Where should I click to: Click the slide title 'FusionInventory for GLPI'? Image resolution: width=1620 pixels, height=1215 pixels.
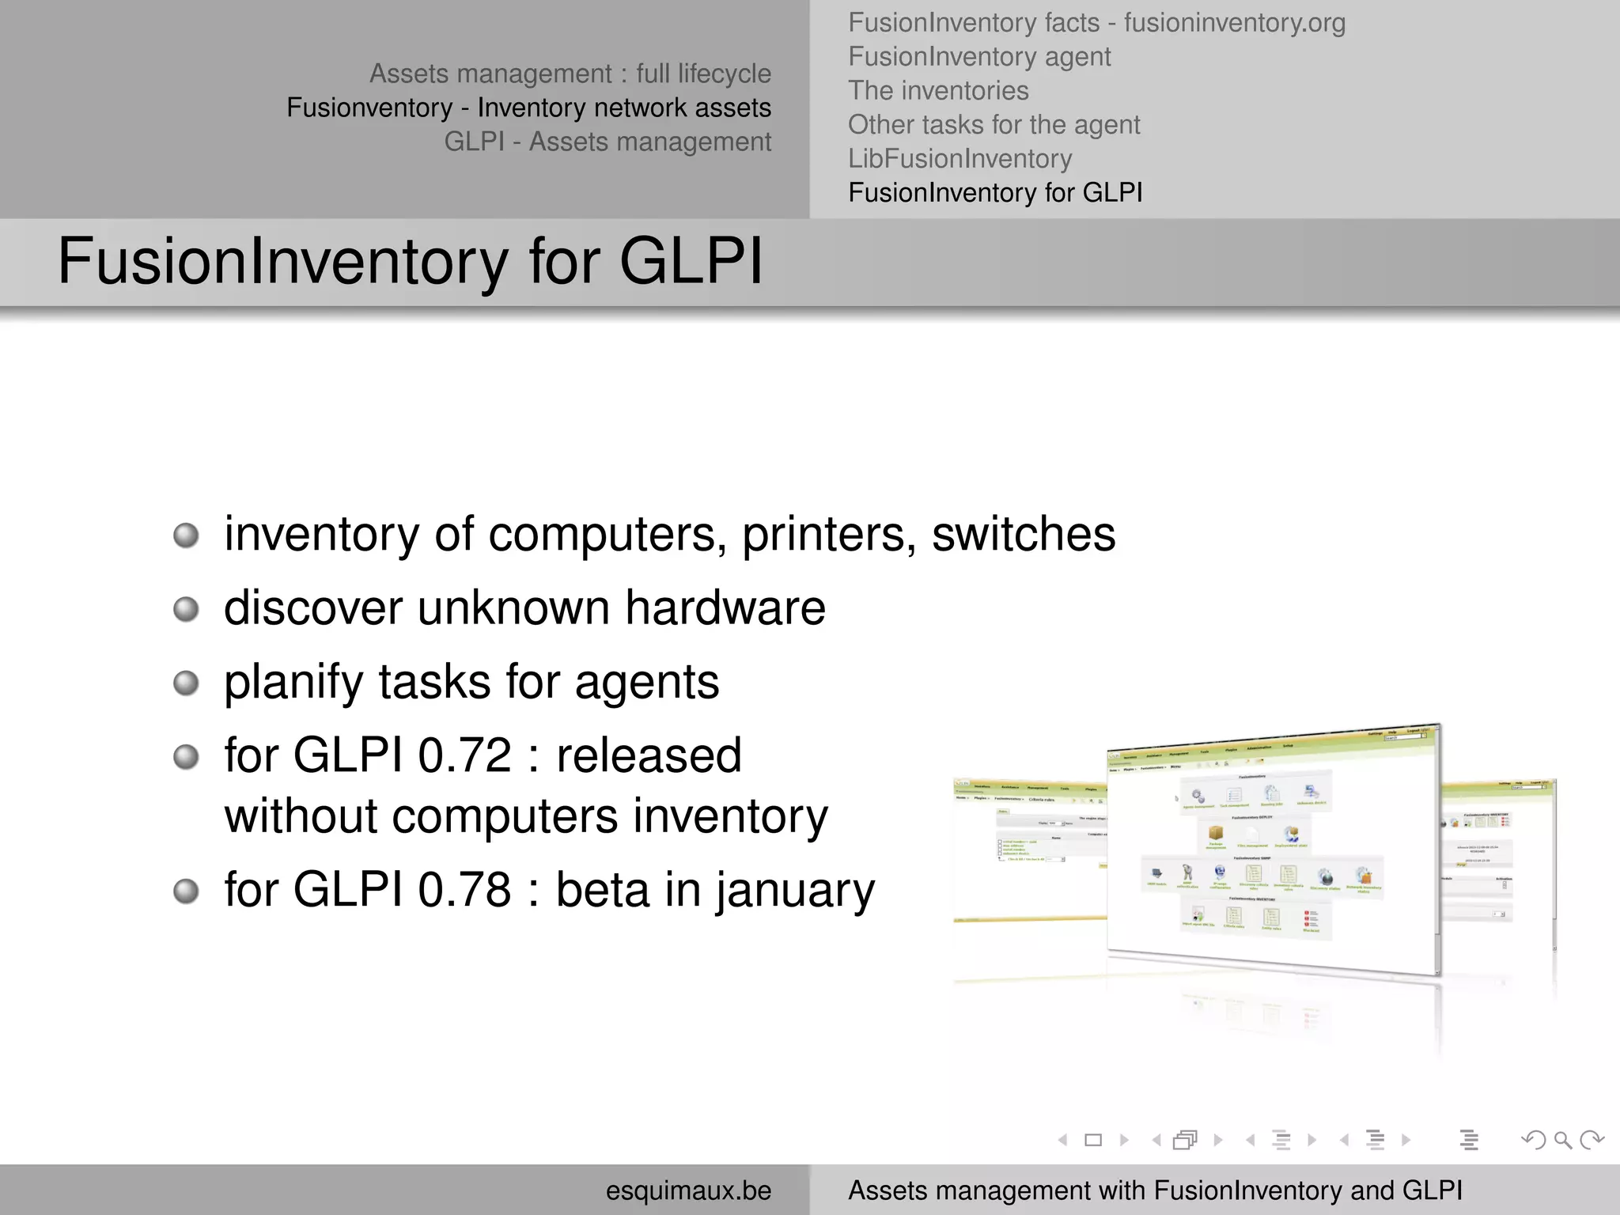[x=410, y=261]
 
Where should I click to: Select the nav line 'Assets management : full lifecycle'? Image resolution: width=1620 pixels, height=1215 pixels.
[x=570, y=74]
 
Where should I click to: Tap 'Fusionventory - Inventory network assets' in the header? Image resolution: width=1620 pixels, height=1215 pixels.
[x=528, y=108]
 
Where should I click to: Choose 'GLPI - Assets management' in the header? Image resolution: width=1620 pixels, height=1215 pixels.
[x=607, y=142]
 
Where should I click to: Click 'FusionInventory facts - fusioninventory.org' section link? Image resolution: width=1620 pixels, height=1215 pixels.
[x=1096, y=23]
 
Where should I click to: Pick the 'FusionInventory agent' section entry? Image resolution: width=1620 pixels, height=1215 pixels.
[x=979, y=57]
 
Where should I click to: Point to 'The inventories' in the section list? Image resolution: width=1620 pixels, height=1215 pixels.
[x=938, y=91]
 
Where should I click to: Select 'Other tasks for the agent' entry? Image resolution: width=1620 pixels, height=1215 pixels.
[x=994, y=125]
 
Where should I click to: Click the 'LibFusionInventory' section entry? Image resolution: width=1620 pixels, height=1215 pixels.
[x=960, y=159]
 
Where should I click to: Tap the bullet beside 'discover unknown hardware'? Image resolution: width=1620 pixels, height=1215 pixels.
[x=186, y=609]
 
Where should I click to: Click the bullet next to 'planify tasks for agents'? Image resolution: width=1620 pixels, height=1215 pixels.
[x=186, y=683]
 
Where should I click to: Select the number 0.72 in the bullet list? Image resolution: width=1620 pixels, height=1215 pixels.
[x=464, y=755]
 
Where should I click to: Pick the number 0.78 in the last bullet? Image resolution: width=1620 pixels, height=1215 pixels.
[x=464, y=890]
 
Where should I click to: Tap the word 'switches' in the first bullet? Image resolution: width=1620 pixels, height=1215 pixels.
[x=1024, y=535]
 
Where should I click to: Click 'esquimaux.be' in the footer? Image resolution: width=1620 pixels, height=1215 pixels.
[x=688, y=1190]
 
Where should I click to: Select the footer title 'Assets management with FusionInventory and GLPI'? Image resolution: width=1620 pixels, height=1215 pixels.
[x=1155, y=1190]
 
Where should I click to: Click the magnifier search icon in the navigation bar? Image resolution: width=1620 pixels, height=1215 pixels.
[x=1562, y=1140]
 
